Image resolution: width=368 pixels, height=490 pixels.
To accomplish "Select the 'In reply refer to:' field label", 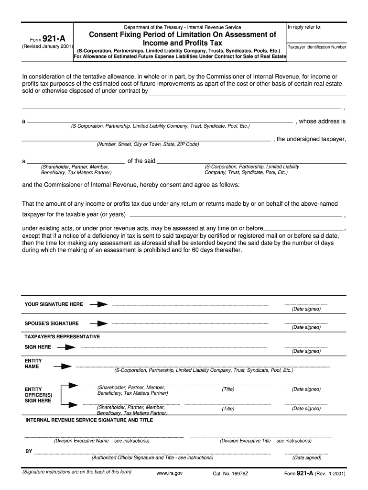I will (304, 27).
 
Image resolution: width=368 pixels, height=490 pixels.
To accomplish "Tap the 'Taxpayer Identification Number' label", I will (317, 47).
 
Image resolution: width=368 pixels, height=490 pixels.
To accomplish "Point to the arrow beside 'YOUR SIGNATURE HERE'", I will (99, 304).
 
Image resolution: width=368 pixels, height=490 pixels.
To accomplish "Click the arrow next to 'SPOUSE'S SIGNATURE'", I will (99, 323).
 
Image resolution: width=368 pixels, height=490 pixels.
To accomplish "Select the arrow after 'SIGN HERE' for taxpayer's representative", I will (67, 347).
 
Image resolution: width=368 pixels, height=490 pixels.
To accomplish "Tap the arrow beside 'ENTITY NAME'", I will (63, 367).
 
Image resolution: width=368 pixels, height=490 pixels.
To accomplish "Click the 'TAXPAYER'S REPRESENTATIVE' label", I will (62, 337).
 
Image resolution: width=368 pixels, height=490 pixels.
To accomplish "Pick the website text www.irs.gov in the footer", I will (169, 474).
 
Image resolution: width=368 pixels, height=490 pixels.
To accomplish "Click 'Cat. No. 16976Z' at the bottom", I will (230, 474).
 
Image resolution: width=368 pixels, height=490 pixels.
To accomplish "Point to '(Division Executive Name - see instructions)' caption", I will (101, 441).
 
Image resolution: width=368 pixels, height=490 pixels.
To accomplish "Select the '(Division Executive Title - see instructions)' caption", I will (265, 441).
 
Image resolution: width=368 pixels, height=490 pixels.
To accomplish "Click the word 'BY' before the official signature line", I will (29, 451).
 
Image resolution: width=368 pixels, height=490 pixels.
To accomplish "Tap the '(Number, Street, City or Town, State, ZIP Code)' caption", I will (148, 144).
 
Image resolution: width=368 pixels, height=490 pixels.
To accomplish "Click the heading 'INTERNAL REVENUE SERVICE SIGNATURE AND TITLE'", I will (89, 420).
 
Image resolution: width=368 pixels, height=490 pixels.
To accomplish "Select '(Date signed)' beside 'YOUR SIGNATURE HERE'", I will (306, 309).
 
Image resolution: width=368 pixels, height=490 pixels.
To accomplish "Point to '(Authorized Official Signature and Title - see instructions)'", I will (152, 457).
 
